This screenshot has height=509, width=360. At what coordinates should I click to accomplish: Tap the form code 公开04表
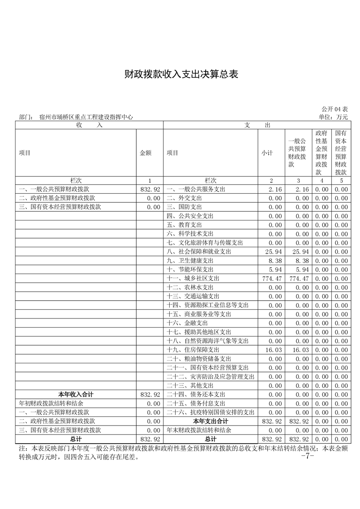[335, 109]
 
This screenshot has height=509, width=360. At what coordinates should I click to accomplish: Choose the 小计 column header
[267, 153]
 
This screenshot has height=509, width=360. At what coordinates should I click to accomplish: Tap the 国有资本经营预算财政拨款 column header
[341, 153]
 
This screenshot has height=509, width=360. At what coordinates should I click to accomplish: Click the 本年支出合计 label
[211, 421]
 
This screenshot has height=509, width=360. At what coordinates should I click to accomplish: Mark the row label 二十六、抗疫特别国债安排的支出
[211, 412]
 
